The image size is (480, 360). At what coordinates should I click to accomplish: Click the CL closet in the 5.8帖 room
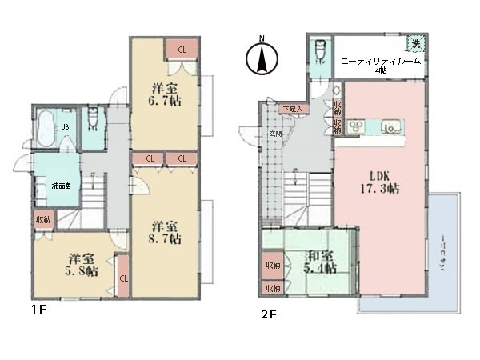[x=124, y=278]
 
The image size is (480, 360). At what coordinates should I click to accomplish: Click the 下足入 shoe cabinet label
[x=291, y=108]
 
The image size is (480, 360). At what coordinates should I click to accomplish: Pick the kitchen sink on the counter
[x=391, y=127]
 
